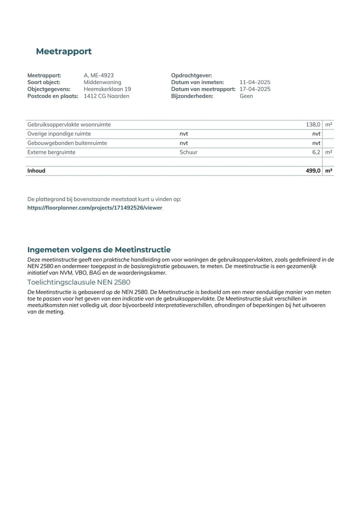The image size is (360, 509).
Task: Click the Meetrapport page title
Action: (x=63, y=51)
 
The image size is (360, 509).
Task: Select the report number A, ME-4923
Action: (x=98, y=75)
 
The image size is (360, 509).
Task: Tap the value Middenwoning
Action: (x=102, y=82)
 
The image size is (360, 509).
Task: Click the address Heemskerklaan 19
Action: (x=107, y=89)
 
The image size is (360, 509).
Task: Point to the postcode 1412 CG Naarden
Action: (x=106, y=96)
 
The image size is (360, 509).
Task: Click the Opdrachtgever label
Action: (x=191, y=75)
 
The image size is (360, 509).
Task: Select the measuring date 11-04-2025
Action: (x=255, y=82)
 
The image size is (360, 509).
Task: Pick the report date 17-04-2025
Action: (x=255, y=89)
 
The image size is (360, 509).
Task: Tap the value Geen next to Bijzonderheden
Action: (x=246, y=96)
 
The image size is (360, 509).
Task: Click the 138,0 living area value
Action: (x=313, y=124)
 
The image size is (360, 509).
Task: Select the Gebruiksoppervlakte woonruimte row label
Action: (x=69, y=124)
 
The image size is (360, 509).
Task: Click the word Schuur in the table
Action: (x=188, y=152)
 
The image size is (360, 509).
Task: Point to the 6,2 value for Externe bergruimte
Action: (x=316, y=152)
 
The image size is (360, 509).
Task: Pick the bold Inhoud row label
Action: (x=36, y=170)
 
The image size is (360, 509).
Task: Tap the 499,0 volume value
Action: (x=313, y=170)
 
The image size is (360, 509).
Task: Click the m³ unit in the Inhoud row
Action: (x=328, y=170)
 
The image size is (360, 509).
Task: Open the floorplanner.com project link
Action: (x=95, y=207)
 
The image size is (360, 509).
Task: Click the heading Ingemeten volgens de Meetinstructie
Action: (x=99, y=249)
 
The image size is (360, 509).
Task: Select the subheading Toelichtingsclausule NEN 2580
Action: (x=78, y=282)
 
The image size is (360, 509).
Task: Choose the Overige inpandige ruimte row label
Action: (x=59, y=134)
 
